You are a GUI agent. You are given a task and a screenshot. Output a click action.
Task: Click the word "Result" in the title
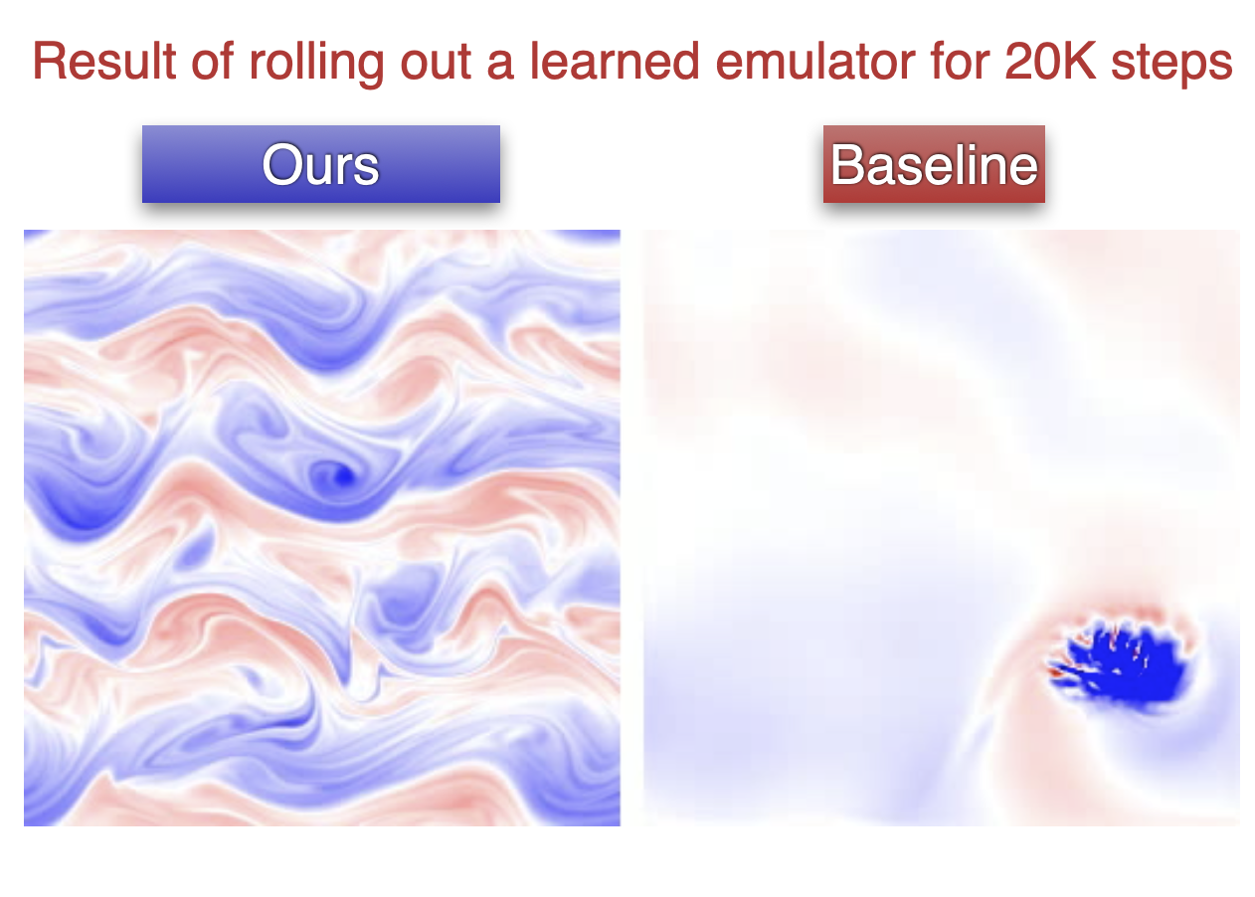click(x=104, y=61)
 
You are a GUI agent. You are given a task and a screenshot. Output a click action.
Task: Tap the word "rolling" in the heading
click(x=316, y=65)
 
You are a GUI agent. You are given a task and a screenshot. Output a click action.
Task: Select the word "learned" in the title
click(x=615, y=61)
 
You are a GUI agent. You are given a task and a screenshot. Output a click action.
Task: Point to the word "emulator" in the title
click(x=815, y=61)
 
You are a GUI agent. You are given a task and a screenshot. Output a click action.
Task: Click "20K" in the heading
click(x=1050, y=61)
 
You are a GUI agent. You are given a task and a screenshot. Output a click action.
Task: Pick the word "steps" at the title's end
click(x=1171, y=65)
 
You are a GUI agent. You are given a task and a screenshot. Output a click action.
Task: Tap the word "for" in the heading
click(x=960, y=61)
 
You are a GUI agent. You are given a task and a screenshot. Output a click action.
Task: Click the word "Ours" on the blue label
click(x=320, y=165)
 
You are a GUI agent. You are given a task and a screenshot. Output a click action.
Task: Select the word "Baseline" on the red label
click(x=934, y=164)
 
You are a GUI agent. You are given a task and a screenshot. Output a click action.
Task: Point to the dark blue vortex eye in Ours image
click(x=343, y=476)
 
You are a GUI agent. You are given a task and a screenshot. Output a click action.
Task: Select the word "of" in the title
click(x=213, y=61)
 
